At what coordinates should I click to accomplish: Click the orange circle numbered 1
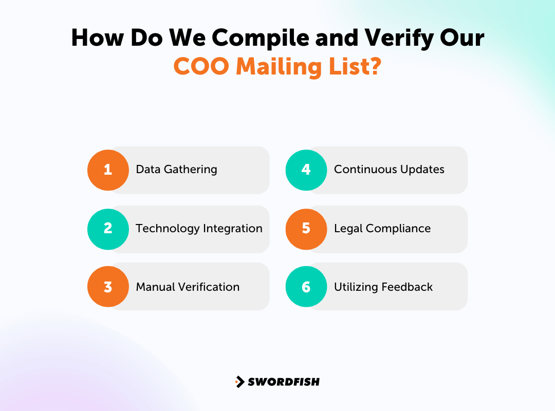[108, 170]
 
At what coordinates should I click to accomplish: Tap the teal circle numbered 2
[108, 229]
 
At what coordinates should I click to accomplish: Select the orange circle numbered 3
[108, 287]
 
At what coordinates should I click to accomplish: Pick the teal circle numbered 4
[306, 170]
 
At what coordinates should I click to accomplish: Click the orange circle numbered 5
[306, 229]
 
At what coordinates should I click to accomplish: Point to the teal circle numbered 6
[306, 287]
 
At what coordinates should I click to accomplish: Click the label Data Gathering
[176, 170]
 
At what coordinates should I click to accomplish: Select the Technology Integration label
[199, 229]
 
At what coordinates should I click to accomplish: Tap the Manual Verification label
[188, 287]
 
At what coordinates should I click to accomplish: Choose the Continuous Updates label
[389, 170]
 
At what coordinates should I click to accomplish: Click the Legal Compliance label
[382, 229]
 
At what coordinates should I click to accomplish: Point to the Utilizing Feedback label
[383, 287]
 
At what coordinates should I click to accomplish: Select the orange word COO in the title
[201, 66]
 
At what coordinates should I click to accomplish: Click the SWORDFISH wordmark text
[284, 382]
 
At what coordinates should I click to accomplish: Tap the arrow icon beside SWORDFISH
[240, 382]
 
